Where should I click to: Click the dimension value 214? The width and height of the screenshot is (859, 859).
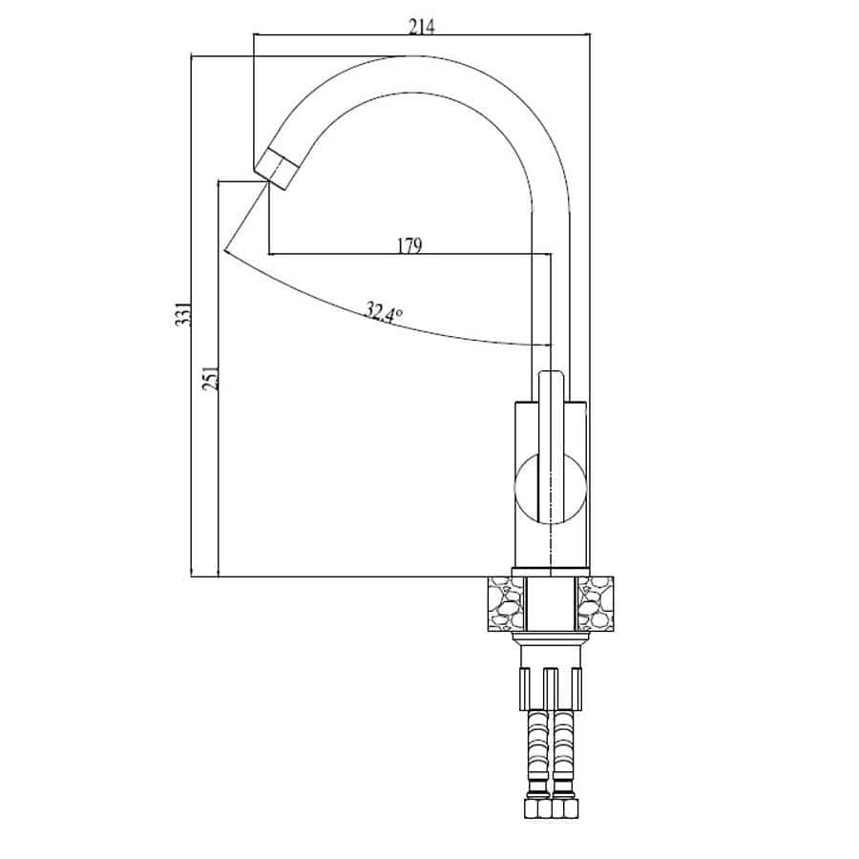point(422,27)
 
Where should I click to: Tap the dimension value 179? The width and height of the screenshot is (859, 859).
point(409,246)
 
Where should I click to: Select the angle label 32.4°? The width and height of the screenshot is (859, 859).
point(384,312)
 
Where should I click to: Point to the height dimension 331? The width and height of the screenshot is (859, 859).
point(183,313)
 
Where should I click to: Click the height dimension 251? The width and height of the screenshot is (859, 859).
point(210,378)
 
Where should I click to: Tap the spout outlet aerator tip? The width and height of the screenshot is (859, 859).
point(276,169)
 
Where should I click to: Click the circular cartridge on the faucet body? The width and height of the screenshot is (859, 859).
point(550,489)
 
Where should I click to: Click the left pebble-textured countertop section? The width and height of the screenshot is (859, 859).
point(506,604)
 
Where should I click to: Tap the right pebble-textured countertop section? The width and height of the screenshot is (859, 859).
point(596,604)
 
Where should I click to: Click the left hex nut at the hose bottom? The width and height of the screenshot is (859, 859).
point(536,808)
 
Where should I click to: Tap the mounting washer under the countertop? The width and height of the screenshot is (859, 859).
point(551,637)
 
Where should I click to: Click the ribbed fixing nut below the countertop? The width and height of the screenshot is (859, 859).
point(551,688)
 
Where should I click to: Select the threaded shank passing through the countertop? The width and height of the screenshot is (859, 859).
point(551,604)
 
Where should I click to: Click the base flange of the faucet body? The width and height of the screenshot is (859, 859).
point(551,572)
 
